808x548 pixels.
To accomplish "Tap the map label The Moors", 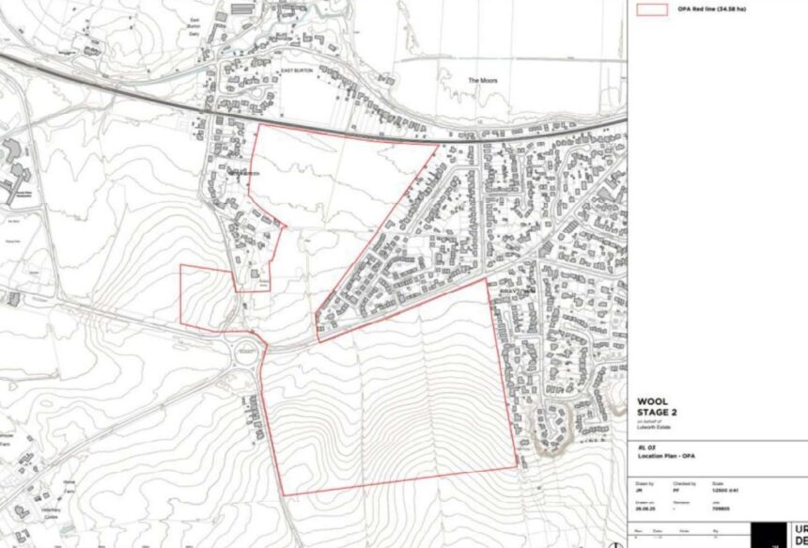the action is tap(483, 81).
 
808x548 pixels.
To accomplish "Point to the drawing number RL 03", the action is tap(645, 447).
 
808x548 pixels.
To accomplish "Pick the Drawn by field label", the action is tap(646, 483).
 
